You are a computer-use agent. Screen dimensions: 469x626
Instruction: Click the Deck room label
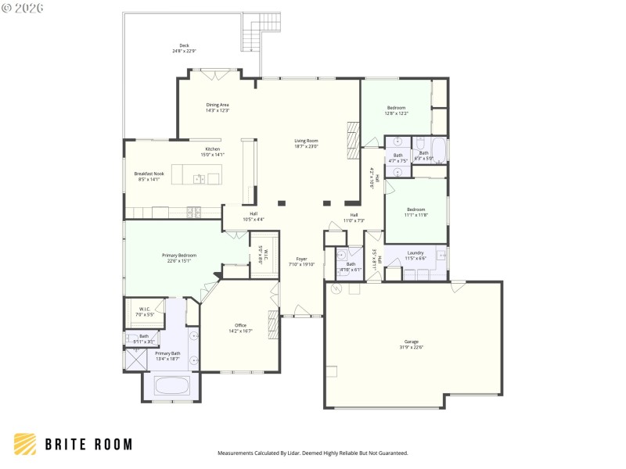[x=184, y=48]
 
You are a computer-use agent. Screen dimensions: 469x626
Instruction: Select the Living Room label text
[x=306, y=143]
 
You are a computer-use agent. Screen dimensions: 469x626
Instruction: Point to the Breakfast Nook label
[x=147, y=177]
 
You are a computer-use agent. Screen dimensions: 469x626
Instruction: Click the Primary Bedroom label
[x=179, y=258]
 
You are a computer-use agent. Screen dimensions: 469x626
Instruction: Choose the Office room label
[x=241, y=328]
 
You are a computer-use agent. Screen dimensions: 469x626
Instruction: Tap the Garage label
[x=412, y=344]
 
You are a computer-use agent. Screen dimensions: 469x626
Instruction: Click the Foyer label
[x=301, y=261]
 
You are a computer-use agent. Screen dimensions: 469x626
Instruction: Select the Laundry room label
[x=416, y=255]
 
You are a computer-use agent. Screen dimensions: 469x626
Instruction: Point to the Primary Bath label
[x=167, y=356]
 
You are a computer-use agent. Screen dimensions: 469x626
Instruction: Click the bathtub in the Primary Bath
[x=171, y=385]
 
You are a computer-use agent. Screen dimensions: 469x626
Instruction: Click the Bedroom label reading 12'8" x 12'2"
[x=396, y=110]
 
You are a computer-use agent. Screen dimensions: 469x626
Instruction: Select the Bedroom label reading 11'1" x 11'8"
[x=416, y=212]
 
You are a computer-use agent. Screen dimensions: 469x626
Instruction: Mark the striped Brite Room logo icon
[x=25, y=444]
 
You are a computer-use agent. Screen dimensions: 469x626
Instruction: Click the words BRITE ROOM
[x=88, y=445]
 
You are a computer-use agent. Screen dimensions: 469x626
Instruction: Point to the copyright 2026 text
[x=23, y=8]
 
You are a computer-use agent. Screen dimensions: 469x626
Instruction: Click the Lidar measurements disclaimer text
[x=312, y=453]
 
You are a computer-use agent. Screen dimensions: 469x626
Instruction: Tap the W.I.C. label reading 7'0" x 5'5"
[x=146, y=310]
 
